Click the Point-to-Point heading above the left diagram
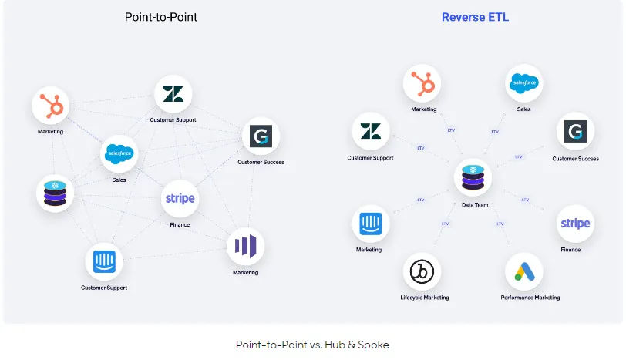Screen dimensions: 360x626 (161, 17)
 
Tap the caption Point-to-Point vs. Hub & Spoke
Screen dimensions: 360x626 (312, 345)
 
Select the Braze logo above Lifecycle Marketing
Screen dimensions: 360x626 (422, 271)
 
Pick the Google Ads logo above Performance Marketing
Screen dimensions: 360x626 (524, 271)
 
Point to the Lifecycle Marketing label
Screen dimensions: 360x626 (424, 298)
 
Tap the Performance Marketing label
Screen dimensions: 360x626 (530, 298)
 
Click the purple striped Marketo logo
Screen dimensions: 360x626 (246, 247)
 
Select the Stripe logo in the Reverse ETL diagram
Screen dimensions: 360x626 (575, 224)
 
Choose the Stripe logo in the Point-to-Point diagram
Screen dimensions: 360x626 (180, 199)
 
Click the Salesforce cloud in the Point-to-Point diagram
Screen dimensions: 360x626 (119, 153)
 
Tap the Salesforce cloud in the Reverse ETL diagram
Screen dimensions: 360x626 (524, 83)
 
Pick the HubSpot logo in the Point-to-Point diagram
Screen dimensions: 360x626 (51, 106)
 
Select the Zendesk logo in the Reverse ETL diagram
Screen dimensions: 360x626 (371, 131)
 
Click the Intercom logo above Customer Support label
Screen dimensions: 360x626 (104, 262)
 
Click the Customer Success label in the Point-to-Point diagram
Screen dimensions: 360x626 (261, 162)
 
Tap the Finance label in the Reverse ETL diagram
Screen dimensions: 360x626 (570, 250)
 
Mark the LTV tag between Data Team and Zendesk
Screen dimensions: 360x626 (421, 147)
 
